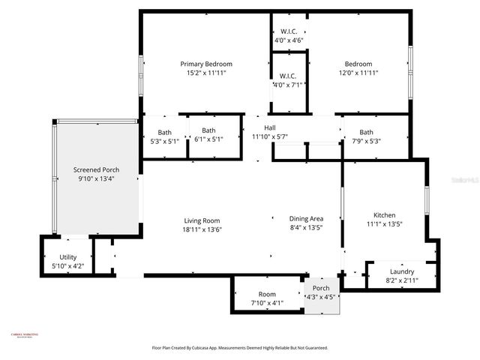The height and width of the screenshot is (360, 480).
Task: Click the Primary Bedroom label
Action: pos(206,64)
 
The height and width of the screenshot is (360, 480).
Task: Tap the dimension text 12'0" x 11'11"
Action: pos(358,73)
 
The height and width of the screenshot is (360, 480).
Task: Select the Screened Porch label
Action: pos(96,170)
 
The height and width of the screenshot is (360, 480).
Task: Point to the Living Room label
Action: pos(201,220)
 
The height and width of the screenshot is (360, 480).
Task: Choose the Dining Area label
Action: pos(306,218)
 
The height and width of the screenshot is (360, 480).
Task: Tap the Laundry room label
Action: pos(402,271)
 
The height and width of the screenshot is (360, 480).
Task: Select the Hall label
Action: pos(269,127)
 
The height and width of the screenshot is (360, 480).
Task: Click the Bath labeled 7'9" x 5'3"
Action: pos(366,132)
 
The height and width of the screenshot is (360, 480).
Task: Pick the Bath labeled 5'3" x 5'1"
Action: pos(164,132)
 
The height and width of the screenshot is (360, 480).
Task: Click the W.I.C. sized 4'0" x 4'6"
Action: pos(289,31)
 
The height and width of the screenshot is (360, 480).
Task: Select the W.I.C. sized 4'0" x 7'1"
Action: pos(289,76)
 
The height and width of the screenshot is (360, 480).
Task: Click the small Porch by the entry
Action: pos(321,288)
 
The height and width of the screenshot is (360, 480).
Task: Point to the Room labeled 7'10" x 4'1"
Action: pos(267,294)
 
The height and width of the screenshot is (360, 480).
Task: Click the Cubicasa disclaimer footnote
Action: pos(239,348)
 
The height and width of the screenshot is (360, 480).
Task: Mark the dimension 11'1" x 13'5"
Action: pos(381,224)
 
